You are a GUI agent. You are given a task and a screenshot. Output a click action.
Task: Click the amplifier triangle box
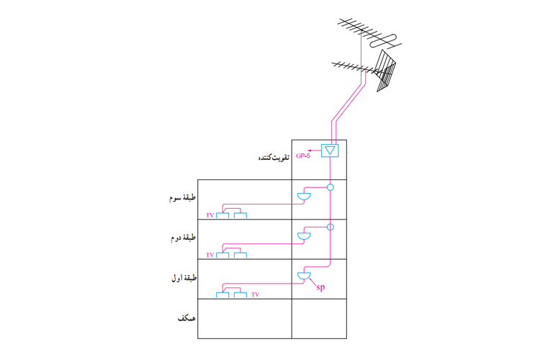[330, 151]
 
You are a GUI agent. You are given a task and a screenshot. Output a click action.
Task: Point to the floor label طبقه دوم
[180, 236]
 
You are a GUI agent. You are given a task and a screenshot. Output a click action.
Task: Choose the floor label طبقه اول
[179, 277]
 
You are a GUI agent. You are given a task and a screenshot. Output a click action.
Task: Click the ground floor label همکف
[186, 318]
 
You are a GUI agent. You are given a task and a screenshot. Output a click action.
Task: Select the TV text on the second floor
[210, 255]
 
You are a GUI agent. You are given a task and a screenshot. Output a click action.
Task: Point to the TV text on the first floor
[256, 294]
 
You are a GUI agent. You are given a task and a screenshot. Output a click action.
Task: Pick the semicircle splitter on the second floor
[305, 236]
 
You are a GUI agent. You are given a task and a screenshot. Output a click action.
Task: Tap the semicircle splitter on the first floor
[305, 276]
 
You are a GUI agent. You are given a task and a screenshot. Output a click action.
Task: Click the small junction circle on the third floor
[330, 188]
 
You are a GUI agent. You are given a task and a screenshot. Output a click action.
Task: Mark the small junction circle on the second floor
[330, 228]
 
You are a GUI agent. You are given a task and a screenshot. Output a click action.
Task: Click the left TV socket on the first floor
[224, 294]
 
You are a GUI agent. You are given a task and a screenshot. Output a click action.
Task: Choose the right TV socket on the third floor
[240, 215]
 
